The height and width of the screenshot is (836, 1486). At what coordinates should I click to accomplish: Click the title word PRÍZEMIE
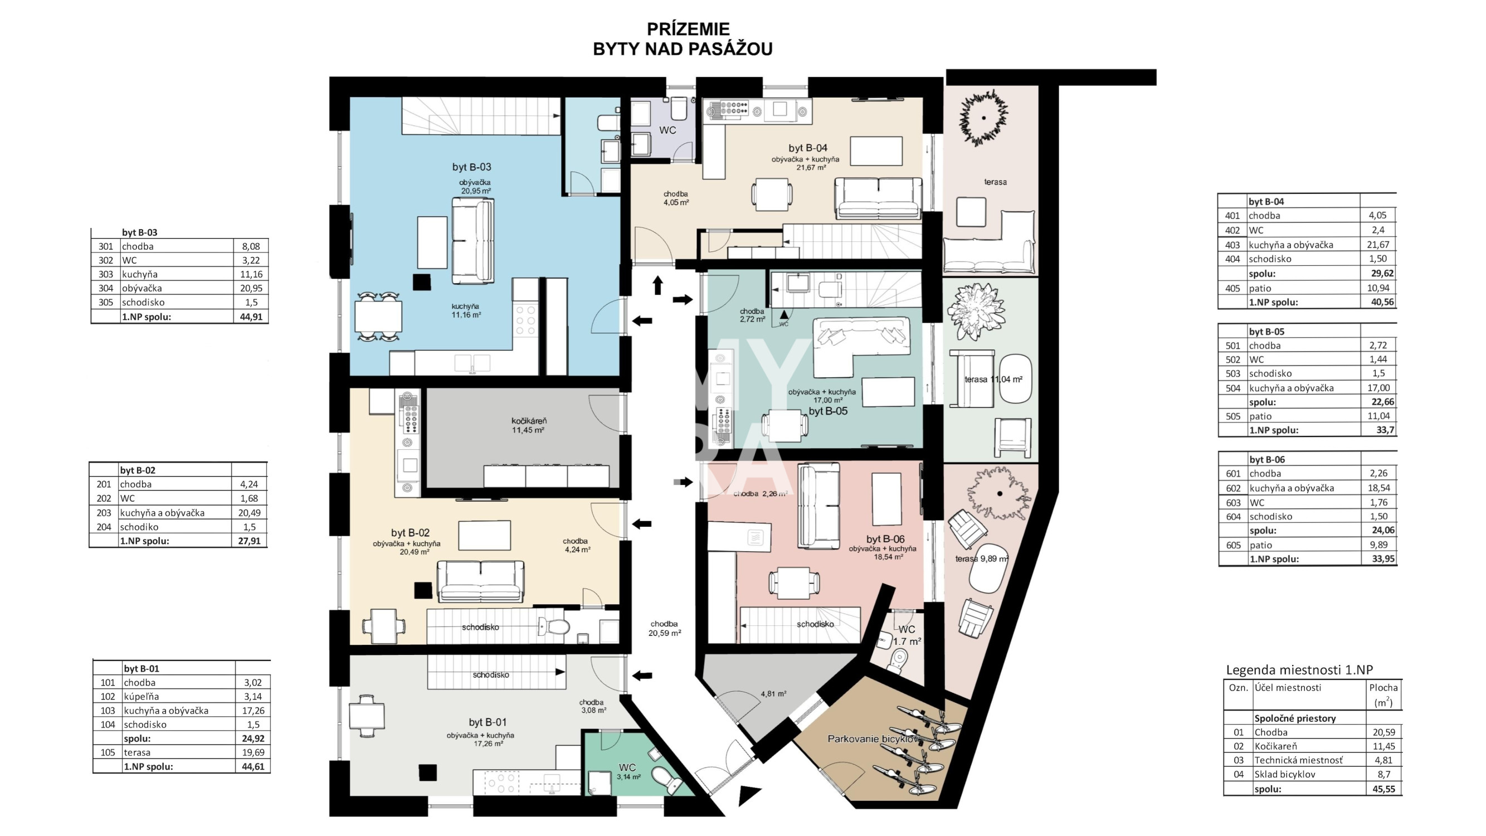pos(688,29)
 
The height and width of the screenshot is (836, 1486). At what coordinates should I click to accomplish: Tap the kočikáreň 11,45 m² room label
pos(528,425)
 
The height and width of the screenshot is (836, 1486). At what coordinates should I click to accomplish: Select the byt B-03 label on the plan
pos(471,167)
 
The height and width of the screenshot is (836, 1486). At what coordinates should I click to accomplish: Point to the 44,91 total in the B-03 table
pos(251,316)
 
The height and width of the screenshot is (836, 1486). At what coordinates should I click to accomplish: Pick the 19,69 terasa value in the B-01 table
pos(252,752)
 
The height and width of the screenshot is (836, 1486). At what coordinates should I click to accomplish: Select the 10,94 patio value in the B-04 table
pos(1378,288)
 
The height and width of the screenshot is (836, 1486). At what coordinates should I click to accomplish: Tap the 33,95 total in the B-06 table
pos(1383,558)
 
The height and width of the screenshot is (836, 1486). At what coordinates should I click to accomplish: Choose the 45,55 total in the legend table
pos(1384,789)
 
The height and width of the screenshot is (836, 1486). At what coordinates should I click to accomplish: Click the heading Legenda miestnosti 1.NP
pos(1299,670)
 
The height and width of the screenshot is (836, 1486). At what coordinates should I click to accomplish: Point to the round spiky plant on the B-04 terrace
pos(983,118)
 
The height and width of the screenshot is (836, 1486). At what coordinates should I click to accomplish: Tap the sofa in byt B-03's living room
pos(472,241)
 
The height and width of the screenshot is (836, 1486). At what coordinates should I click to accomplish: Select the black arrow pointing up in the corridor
pos(657,285)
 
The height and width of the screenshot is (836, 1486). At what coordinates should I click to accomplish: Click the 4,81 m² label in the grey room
pos(773,694)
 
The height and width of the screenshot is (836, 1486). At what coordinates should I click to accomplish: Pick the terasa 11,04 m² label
pos(993,380)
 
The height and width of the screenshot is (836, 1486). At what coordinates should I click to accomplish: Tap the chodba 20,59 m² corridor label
pos(665,628)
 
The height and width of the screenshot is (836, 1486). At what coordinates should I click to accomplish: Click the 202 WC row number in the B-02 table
pos(104,498)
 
